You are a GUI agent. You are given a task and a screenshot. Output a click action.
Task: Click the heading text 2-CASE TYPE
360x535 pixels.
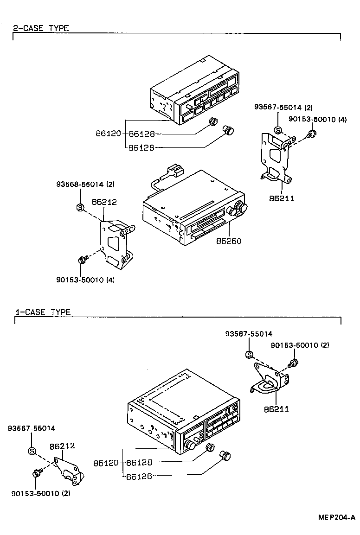41,28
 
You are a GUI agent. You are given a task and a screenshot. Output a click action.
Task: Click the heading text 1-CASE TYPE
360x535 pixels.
43,312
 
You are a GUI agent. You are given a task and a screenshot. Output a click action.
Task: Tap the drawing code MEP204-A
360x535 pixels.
336,517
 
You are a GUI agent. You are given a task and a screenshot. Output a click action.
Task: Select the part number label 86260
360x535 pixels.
228,241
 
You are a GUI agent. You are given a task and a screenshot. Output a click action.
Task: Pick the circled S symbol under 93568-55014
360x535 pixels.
79,207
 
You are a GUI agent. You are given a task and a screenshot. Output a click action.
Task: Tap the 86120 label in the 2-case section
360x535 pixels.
108,134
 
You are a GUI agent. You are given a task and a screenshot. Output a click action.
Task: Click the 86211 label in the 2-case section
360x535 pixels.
282,198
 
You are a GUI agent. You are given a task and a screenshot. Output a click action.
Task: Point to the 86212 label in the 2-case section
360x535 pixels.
104,202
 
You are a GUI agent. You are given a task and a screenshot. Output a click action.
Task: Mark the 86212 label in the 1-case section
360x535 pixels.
62,446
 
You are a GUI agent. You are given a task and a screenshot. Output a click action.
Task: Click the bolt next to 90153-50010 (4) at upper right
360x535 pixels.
312,134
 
